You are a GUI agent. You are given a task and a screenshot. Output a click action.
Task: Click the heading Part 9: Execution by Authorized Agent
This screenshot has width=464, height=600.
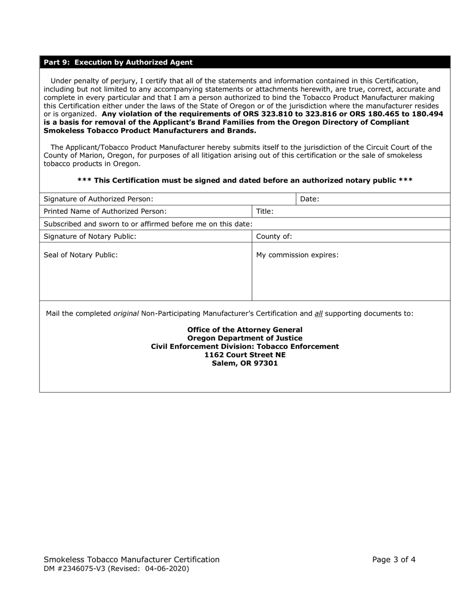tap(118, 62)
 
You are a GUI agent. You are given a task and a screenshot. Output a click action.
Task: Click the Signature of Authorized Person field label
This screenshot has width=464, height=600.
tap(98, 199)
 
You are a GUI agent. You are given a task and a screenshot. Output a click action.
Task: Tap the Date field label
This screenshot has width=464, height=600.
tap(310, 199)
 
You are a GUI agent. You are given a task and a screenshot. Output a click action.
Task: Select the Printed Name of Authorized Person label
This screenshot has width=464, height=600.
tap(105, 211)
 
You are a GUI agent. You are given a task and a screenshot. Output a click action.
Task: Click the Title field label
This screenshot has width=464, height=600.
tap(265, 211)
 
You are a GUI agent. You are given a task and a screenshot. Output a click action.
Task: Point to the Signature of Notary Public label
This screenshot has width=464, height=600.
tap(90, 236)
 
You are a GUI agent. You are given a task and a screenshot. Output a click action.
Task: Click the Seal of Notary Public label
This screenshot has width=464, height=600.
tap(81, 255)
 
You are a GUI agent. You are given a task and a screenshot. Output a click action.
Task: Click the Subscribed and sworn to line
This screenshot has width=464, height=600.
tap(148, 224)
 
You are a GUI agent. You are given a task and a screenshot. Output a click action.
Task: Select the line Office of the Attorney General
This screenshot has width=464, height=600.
tap(245, 330)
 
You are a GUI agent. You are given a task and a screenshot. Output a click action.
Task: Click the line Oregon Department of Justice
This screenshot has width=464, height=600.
tap(245, 338)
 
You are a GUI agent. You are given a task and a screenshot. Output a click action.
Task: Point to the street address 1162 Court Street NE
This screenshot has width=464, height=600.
tap(245, 355)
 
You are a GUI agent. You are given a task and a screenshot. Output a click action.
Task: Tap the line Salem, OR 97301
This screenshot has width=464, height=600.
tap(245, 363)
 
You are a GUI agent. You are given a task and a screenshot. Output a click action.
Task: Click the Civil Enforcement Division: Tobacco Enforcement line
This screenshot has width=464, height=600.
tap(245, 346)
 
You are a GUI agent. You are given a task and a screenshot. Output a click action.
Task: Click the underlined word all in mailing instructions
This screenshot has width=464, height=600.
tap(318, 313)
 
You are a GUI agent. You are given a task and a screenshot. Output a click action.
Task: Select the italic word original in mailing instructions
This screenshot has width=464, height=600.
tap(126, 313)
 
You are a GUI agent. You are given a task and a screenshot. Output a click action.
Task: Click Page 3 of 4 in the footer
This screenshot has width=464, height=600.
tap(394, 560)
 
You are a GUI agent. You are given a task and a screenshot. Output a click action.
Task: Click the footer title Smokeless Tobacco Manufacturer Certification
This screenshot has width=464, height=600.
tap(131, 560)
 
